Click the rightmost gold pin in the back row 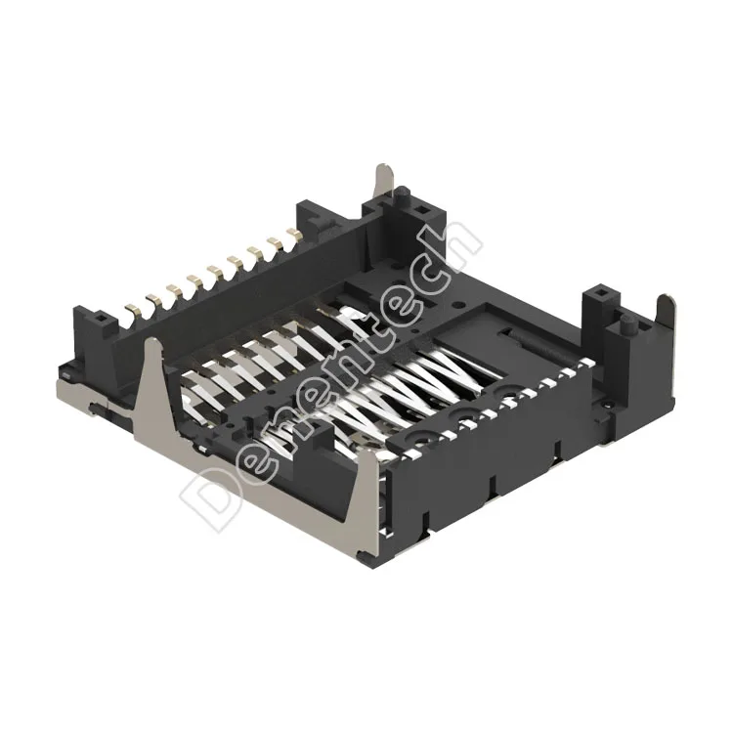[291, 233]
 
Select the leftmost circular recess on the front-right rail [427, 436]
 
